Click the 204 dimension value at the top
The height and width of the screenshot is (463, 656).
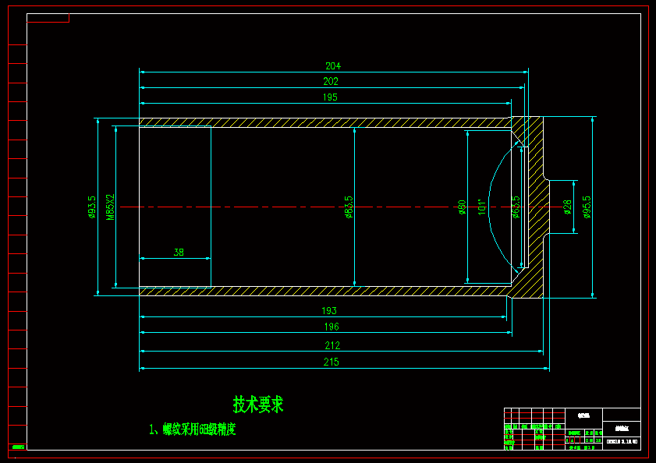(333, 66)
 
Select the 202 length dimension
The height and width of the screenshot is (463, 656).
(331, 81)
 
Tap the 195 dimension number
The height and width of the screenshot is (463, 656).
(329, 97)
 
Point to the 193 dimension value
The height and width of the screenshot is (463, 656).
(329, 311)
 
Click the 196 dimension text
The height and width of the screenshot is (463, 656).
(331, 327)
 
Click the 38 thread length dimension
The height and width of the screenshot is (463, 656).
(179, 253)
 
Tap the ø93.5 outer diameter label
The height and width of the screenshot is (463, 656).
(91, 207)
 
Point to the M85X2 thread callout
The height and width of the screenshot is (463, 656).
(110, 207)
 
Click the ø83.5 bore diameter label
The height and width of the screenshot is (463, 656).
(349, 207)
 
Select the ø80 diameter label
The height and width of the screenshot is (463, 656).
(462, 207)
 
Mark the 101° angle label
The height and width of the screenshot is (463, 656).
(482, 207)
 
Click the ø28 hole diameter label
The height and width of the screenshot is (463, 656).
(567, 207)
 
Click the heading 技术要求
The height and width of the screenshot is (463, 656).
(258, 405)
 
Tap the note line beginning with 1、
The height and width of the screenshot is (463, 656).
(193, 429)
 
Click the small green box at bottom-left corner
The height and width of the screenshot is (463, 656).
(17, 446)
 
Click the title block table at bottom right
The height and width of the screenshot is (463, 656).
(572, 428)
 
